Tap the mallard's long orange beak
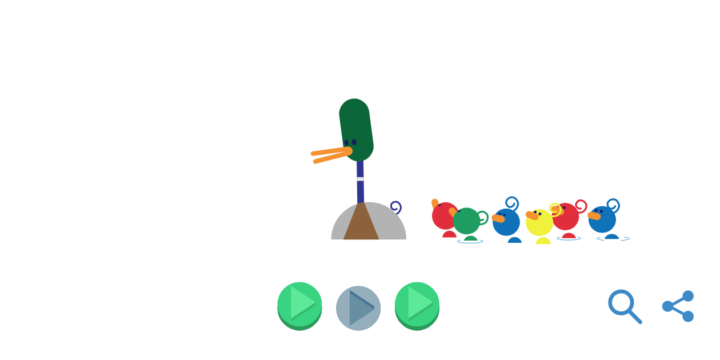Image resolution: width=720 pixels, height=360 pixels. click(x=330, y=154)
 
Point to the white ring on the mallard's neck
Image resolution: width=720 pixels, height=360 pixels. click(x=360, y=179)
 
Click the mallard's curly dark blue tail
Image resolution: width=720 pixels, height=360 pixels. click(x=395, y=207)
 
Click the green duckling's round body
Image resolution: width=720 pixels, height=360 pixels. click(x=467, y=221)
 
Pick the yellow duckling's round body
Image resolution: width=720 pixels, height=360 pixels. click(x=539, y=223)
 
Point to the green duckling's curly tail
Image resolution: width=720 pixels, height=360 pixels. click(x=483, y=217)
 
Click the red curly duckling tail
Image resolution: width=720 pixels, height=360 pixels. click(x=581, y=206)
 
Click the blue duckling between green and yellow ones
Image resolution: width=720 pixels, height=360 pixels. click(x=506, y=222)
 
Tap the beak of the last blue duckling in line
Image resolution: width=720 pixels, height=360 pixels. click(x=594, y=215)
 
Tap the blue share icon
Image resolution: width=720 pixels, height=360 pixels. click(x=678, y=306)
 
